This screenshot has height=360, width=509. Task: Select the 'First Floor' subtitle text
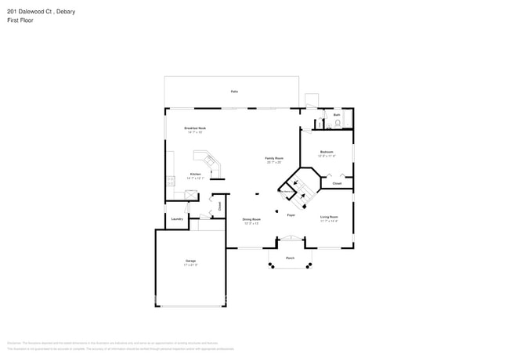(22, 20)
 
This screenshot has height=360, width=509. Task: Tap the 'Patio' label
(234, 92)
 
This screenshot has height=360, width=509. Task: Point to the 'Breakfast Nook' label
(195, 128)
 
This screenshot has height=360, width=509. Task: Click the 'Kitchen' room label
(195, 174)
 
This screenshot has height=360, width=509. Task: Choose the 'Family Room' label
(273, 158)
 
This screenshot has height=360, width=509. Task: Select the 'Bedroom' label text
(327, 152)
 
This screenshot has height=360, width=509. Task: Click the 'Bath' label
(337, 115)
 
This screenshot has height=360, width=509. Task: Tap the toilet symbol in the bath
(338, 123)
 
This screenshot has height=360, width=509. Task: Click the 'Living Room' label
(329, 216)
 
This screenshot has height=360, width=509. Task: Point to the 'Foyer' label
(291, 214)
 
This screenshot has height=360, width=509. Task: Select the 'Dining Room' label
(251, 220)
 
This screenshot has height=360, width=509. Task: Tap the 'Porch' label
(290, 257)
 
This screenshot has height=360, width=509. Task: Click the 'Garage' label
(191, 261)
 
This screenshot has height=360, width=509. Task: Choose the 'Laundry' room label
(177, 219)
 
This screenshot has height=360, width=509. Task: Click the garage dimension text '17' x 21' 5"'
(191, 265)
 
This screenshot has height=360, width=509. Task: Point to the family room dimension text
(273, 163)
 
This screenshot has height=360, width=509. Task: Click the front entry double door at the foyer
(291, 239)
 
